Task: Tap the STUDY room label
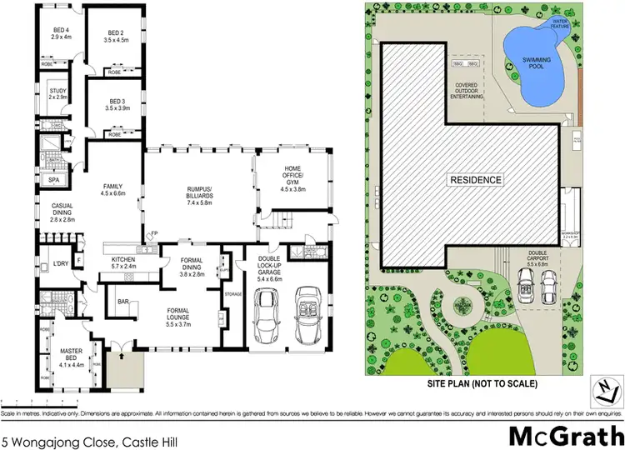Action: [57, 92]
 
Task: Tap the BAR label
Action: [122, 301]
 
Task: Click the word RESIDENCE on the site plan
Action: [476, 180]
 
